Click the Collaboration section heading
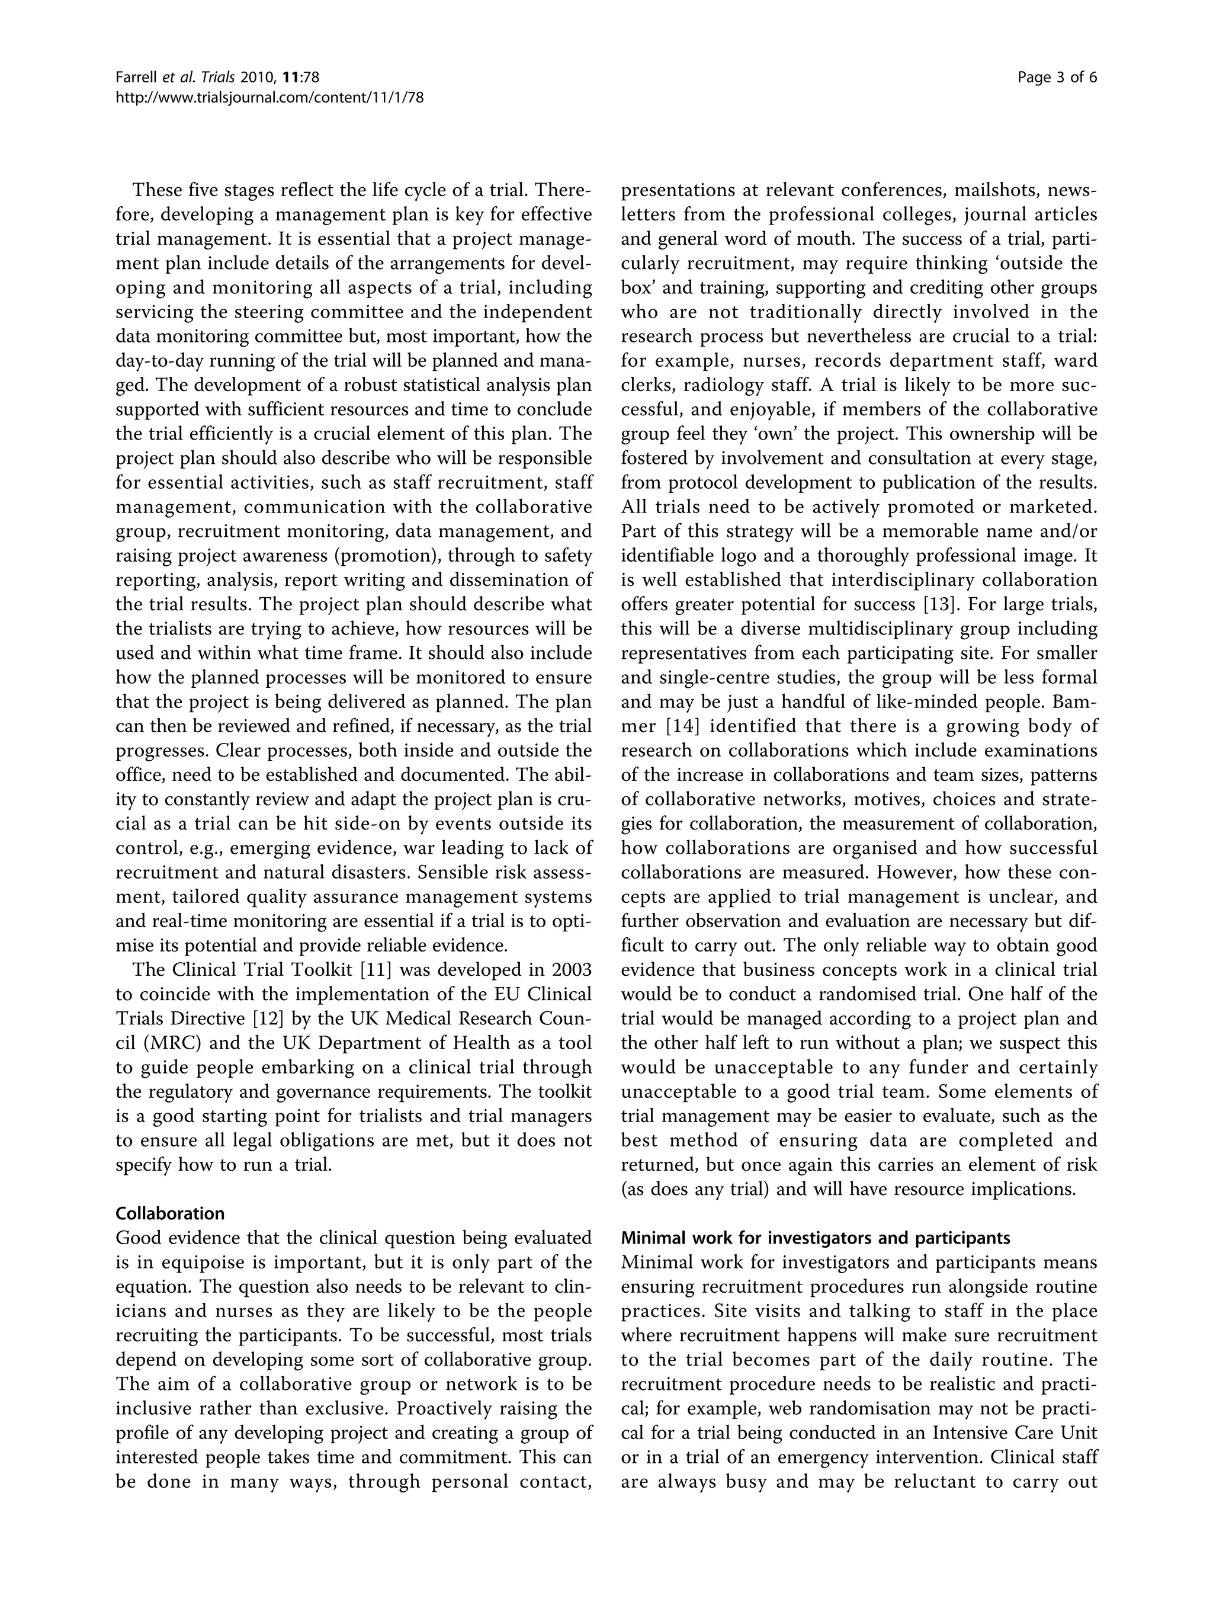tap(169, 1213)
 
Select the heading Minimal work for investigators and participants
tap(815, 1238)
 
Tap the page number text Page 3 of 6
tap(1057, 78)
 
